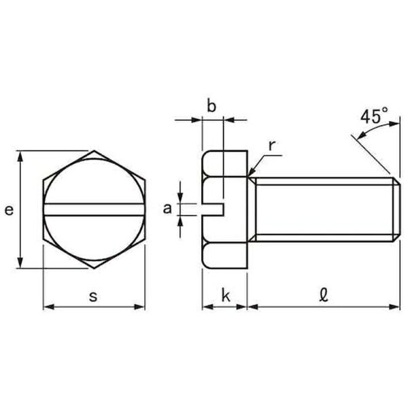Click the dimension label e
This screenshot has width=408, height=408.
(9, 210)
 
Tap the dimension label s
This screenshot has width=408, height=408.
(93, 296)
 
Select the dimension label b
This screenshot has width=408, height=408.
(211, 106)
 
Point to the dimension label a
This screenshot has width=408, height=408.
(167, 209)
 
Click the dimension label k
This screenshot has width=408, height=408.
(226, 295)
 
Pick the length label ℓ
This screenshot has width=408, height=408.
(324, 295)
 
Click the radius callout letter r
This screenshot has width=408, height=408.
(271, 146)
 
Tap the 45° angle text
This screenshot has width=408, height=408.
(374, 116)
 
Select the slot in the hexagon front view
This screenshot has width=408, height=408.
(94, 209)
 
